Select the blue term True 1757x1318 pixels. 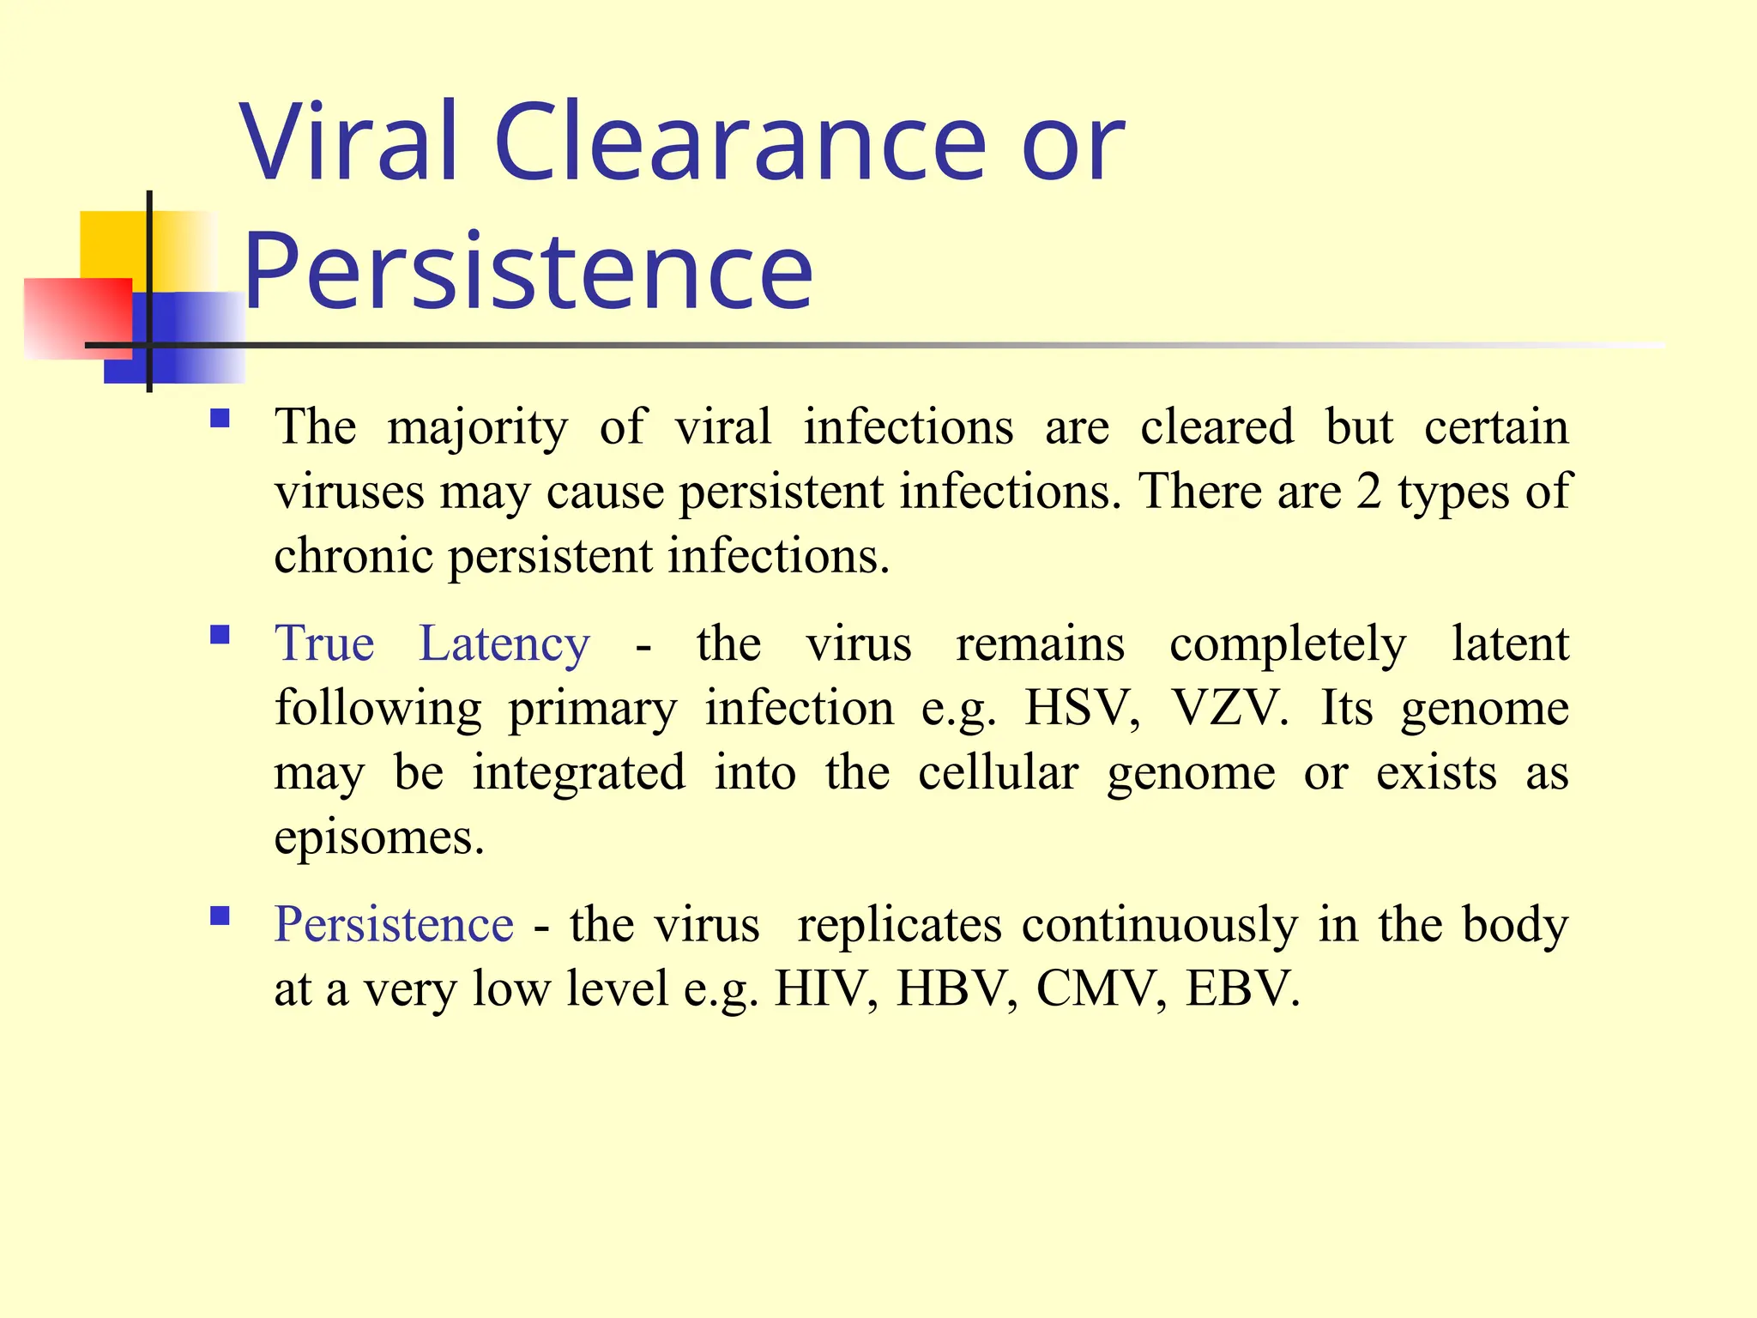pos(324,644)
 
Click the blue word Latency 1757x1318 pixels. pos(504,645)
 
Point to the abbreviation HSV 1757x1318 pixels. pos(1082,709)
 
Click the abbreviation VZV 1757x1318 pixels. pos(1229,709)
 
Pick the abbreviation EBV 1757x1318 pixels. pos(1242,988)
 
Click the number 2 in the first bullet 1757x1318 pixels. pos(1368,493)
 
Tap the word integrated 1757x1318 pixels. pos(579,772)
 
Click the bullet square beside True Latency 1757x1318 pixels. pos(220,635)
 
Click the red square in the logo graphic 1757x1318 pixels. pos(77,317)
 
